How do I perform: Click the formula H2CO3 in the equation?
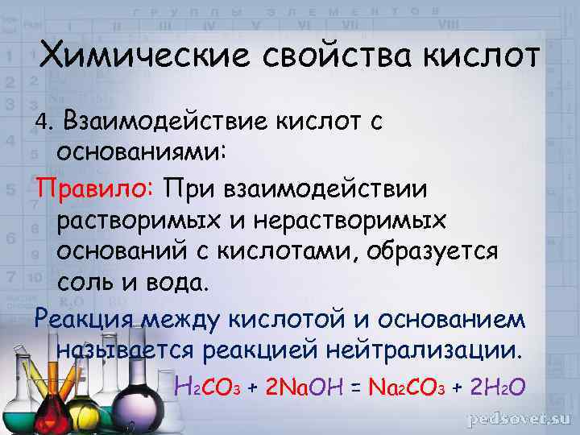213,387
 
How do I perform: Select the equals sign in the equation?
355,388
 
